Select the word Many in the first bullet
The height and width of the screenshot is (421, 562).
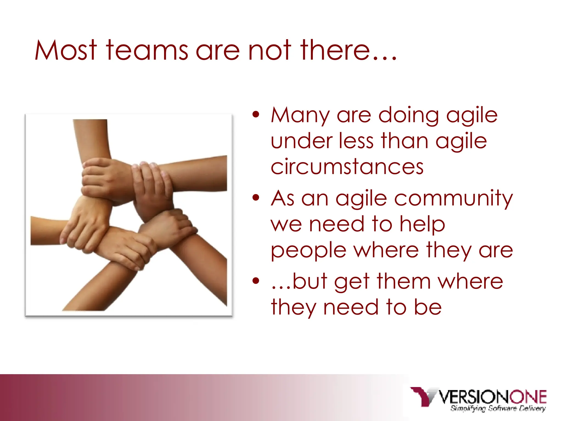(x=300, y=116)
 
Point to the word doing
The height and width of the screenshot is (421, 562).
(x=409, y=116)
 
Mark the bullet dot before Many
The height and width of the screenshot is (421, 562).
(x=256, y=115)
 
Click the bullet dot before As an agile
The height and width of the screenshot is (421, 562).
(x=256, y=197)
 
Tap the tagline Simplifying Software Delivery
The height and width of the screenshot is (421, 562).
(x=498, y=408)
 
